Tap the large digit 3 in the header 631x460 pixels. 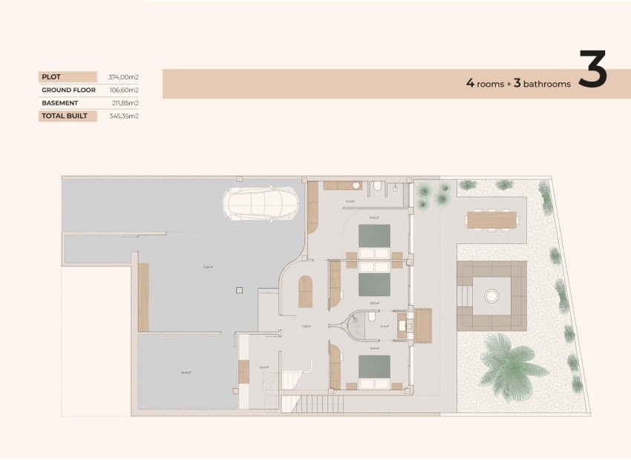[x=592, y=70]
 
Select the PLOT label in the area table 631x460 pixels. [x=51, y=76]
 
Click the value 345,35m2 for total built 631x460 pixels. [x=124, y=116]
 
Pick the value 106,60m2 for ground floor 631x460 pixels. [x=124, y=90]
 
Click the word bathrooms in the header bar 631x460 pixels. [x=547, y=85]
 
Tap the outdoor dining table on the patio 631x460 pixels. [x=491, y=219]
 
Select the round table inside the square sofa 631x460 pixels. [x=491, y=296]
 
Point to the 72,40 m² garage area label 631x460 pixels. [x=209, y=268]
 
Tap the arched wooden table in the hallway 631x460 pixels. [x=305, y=291]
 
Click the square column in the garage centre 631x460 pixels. [x=238, y=290]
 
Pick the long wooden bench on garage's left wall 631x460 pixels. [x=143, y=297]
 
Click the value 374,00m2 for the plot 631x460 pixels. [x=124, y=76]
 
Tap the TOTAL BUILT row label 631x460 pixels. [x=65, y=116]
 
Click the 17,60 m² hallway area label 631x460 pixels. [x=305, y=326]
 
